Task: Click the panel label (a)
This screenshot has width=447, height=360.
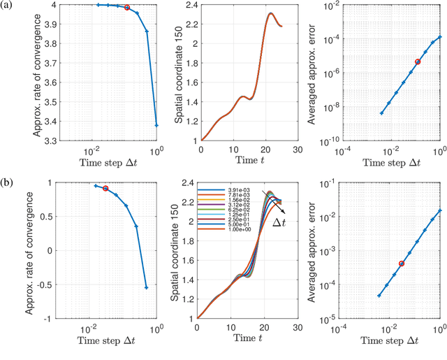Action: click(10, 6)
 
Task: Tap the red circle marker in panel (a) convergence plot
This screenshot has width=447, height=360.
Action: click(127, 8)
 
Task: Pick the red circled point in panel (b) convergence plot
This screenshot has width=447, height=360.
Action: click(105, 188)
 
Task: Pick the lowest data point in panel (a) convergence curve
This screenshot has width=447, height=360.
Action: click(156, 125)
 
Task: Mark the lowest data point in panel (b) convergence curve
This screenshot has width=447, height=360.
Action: click(146, 287)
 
